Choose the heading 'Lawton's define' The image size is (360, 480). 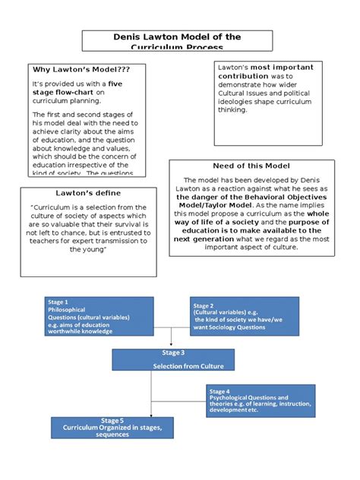click(74, 194)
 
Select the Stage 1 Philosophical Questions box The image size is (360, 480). click(99, 315)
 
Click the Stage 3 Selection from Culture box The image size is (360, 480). click(171, 359)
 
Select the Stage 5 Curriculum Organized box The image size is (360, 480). click(112, 427)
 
